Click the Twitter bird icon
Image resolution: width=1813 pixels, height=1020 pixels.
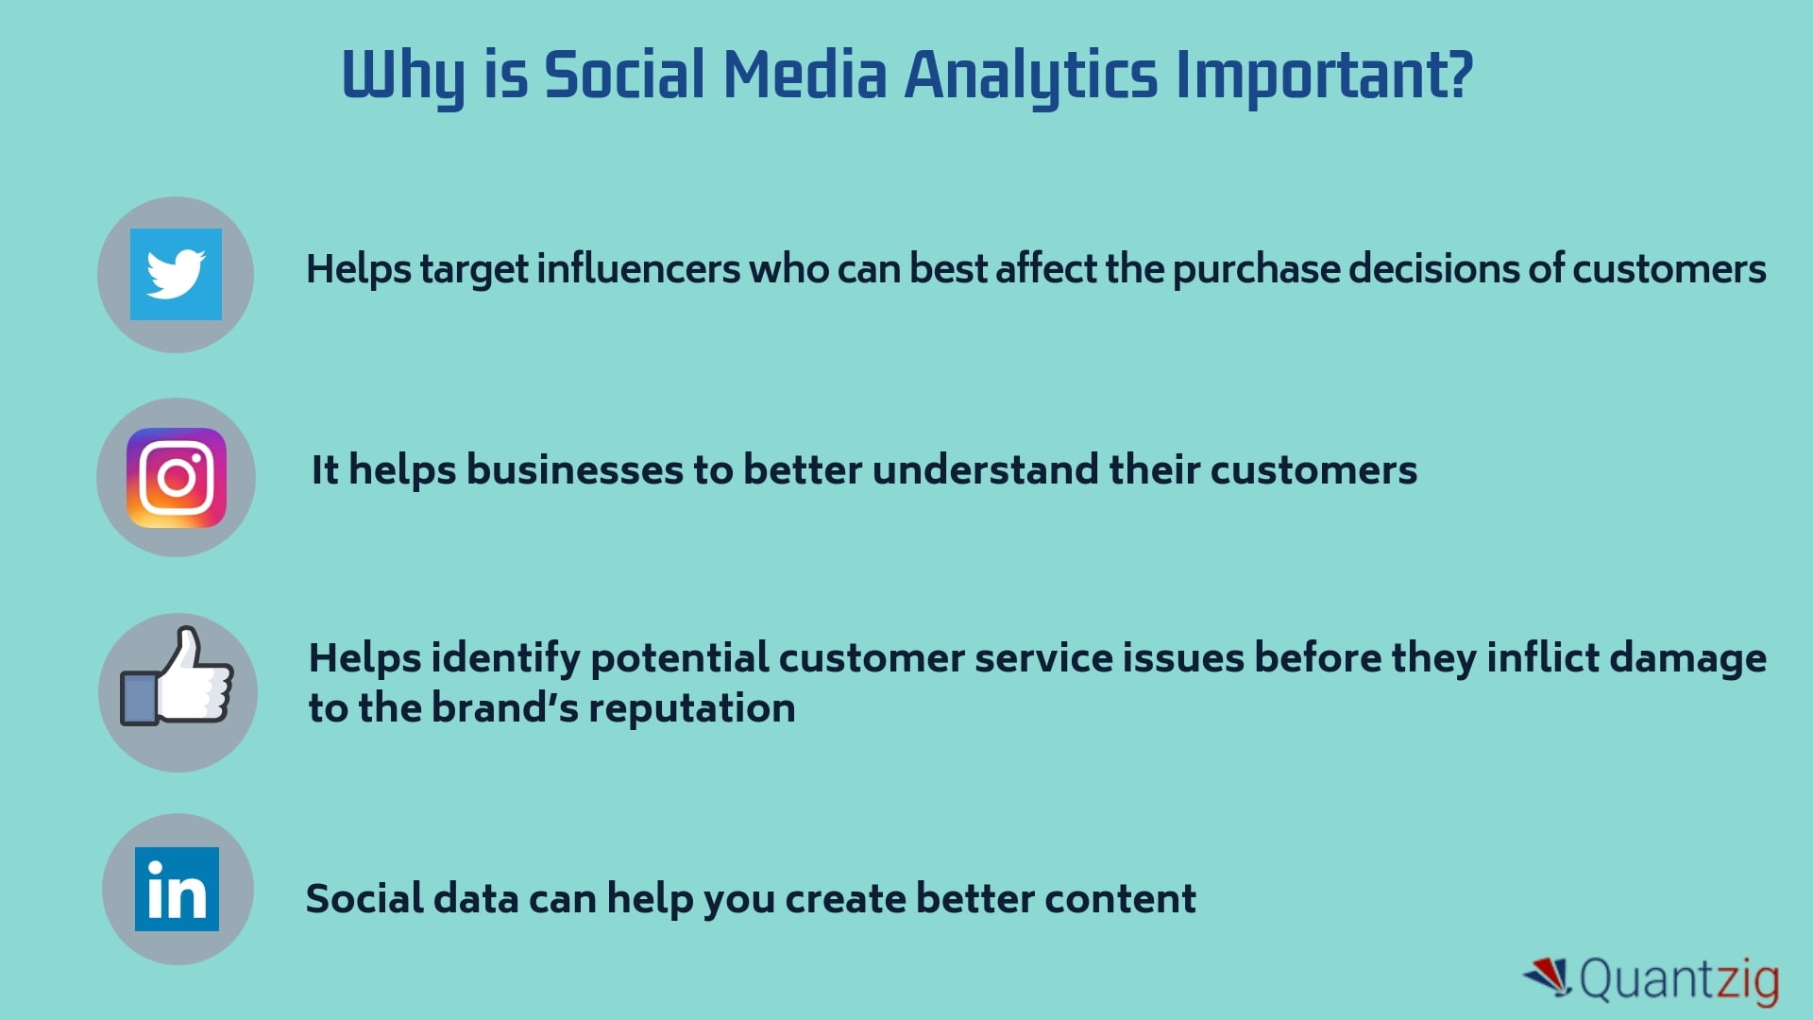tap(176, 274)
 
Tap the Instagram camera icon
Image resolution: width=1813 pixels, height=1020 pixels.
tap(177, 477)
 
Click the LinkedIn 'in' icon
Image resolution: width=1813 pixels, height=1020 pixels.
tap(177, 889)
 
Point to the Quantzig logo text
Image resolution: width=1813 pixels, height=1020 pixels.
tap(1679, 979)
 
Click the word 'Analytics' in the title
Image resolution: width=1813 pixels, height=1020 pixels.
tap(1030, 76)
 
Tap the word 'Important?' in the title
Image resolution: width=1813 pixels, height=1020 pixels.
tap(1324, 76)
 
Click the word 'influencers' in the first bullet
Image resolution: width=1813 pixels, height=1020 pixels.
tap(638, 269)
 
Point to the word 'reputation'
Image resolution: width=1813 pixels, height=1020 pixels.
tap(691, 708)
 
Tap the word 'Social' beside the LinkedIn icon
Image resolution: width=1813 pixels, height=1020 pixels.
tap(364, 899)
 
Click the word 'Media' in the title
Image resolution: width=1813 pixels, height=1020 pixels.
tap(805, 76)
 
